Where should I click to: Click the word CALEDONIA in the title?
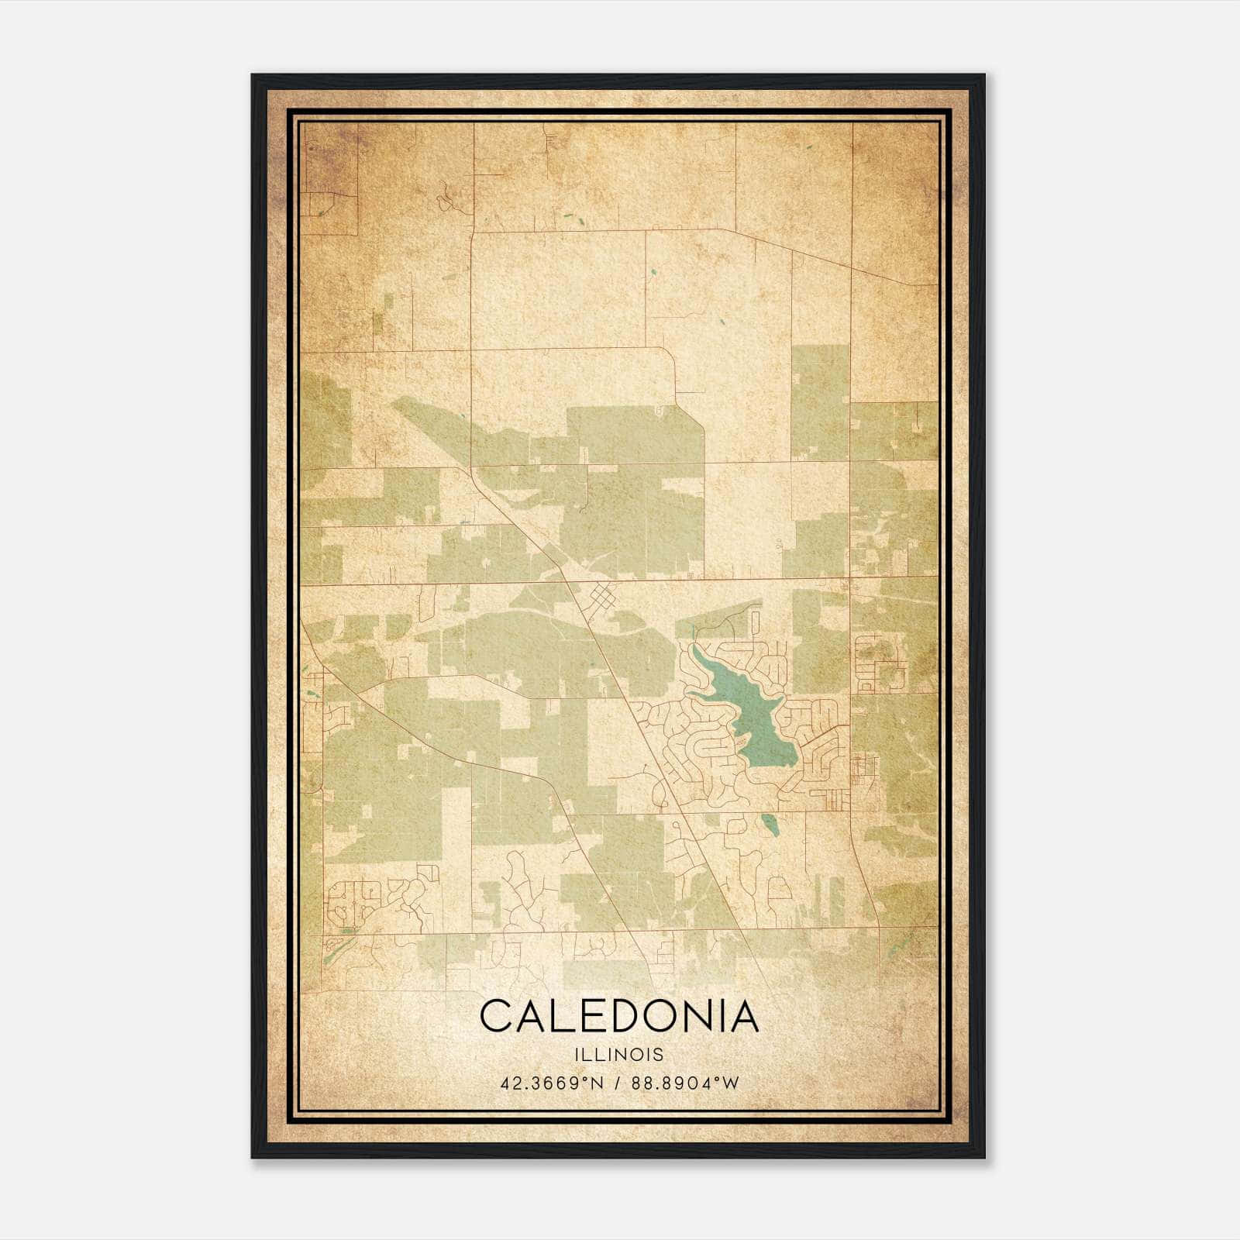(x=619, y=1016)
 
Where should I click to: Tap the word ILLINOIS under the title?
(x=619, y=1055)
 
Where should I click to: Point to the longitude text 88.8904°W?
(x=687, y=1083)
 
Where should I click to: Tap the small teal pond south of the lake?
(x=768, y=825)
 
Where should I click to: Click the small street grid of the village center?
(x=602, y=599)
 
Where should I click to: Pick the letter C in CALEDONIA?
(x=496, y=1016)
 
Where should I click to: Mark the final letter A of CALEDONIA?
(x=742, y=1016)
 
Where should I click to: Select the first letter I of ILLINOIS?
(x=577, y=1055)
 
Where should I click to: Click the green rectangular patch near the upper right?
(x=820, y=402)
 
